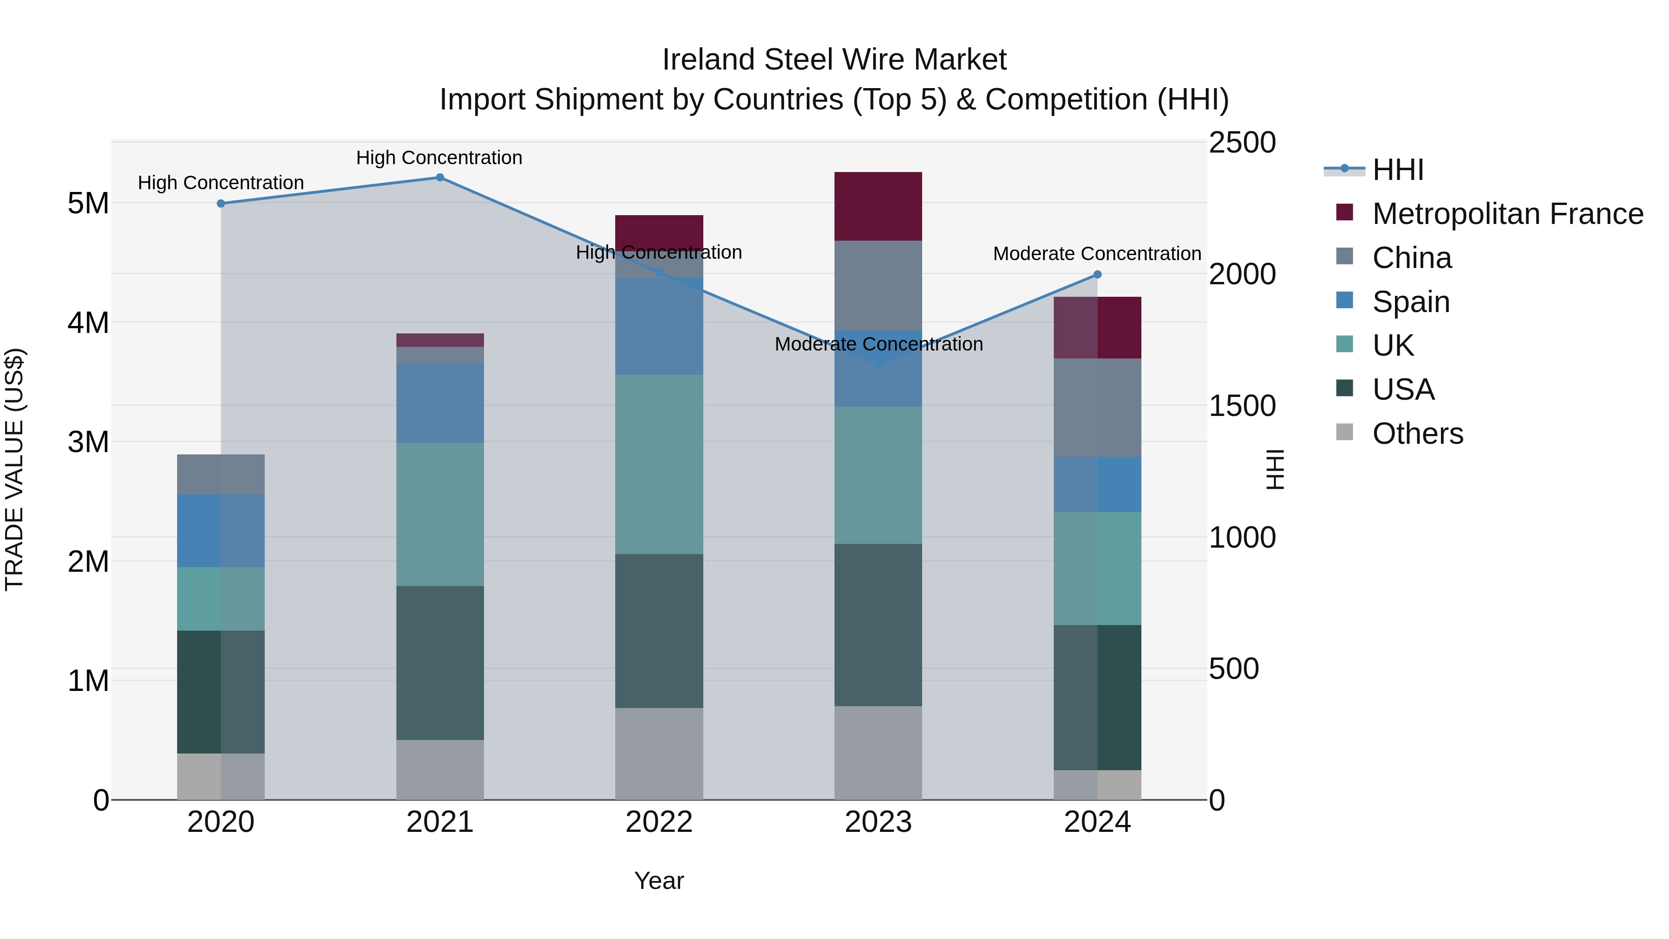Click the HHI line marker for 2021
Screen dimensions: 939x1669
(440, 178)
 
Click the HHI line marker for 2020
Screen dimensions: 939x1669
(221, 204)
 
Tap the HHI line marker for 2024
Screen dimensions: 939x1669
(1097, 275)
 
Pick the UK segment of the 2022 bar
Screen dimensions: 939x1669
(659, 464)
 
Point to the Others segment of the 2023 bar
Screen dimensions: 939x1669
(878, 753)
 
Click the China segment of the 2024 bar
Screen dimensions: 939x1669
(1097, 408)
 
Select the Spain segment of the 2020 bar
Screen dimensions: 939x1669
(221, 531)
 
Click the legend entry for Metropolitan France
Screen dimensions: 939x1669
(1507, 214)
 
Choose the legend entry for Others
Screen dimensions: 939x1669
(1418, 434)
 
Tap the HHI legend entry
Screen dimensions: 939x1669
(1397, 170)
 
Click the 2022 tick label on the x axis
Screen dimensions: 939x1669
(659, 822)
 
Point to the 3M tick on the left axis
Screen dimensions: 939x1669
(89, 442)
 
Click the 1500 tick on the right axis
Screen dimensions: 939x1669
(1242, 406)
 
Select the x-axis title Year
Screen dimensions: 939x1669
(659, 881)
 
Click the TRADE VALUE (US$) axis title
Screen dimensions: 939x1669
(15, 469)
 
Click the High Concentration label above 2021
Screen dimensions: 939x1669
(440, 158)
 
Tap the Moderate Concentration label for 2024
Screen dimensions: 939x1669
(1097, 253)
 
